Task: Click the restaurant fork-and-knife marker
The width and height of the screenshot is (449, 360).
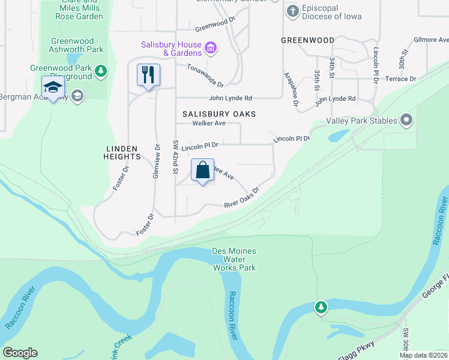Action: pos(148,75)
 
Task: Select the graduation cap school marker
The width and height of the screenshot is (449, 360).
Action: pos(53,88)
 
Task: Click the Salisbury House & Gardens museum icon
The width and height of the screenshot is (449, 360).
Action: pos(210,47)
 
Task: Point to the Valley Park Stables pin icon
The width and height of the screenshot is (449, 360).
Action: pos(406,120)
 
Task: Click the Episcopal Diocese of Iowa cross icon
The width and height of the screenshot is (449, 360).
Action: pos(292,11)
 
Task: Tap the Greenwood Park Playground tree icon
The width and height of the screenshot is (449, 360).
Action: pos(101,72)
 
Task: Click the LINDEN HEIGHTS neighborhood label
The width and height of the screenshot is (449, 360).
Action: pos(122,152)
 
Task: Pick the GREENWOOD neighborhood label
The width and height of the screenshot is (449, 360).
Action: pos(307,40)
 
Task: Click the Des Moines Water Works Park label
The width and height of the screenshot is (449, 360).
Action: pos(234,259)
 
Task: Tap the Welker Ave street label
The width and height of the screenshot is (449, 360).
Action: pos(208,124)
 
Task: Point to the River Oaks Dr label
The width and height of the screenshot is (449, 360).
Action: pos(241,199)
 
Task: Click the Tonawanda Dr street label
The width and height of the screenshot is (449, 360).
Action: pos(205,75)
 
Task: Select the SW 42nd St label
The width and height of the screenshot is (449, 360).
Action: pos(176,157)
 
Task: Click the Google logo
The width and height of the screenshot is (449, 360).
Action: pos(20,353)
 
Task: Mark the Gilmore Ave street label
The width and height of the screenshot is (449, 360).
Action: pos(430,40)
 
